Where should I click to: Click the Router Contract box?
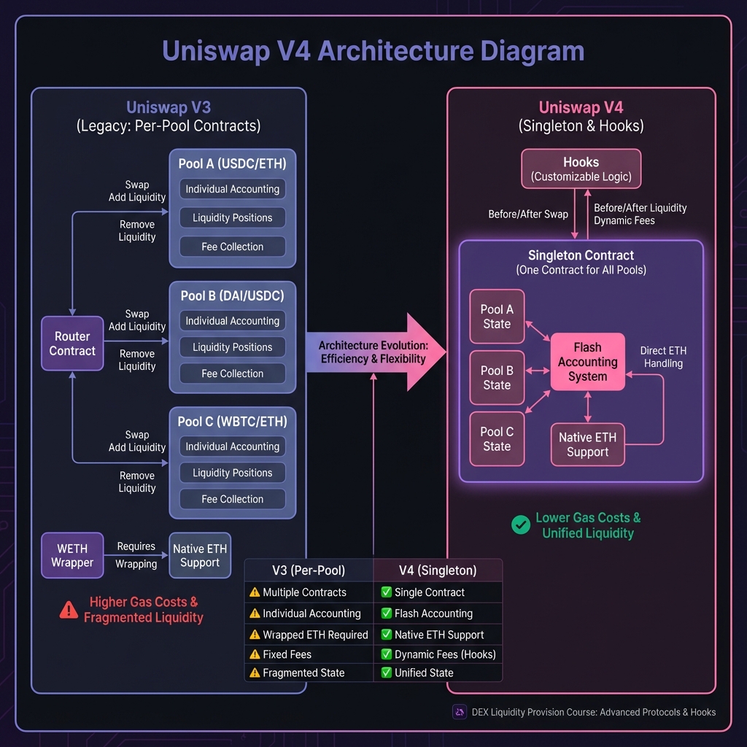pos(72,344)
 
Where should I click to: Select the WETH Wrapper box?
pos(72,556)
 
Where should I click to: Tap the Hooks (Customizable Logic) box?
pos(581,169)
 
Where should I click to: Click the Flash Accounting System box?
pos(587,362)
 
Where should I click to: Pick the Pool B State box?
pos(497,378)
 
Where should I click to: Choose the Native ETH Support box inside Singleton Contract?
pos(587,444)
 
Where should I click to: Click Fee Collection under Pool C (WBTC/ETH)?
pos(232,499)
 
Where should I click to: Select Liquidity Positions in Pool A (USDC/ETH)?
pos(232,217)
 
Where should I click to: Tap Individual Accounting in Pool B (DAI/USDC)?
pos(232,321)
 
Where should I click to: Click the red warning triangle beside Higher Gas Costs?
pos(69,610)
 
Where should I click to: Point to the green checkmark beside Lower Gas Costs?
pos(521,525)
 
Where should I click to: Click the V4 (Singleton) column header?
pos(438,570)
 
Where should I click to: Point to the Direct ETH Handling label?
pos(663,357)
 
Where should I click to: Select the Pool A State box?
pos(497,317)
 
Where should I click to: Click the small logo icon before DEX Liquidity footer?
pos(460,712)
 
